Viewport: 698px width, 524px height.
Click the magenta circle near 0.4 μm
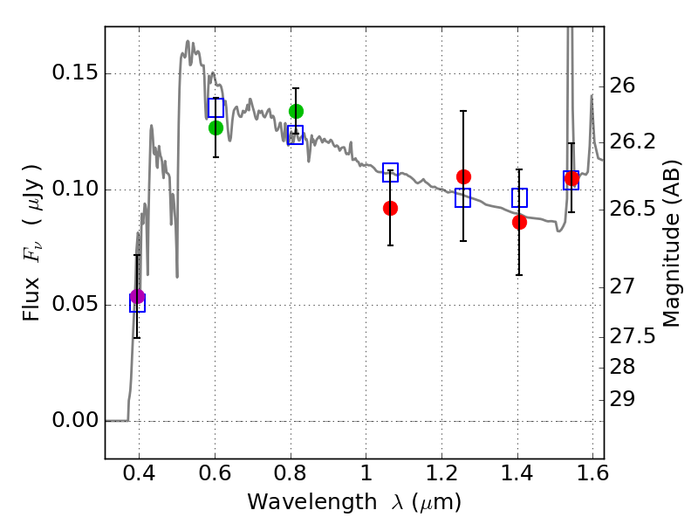coord(137,297)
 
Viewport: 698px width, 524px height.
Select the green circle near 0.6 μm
coord(216,128)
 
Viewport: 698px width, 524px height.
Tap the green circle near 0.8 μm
coord(296,111)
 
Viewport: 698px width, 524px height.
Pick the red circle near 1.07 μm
coord(390,208)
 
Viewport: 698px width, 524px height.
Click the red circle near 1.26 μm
coord(463,176)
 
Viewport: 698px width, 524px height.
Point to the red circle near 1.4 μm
coord(519,222)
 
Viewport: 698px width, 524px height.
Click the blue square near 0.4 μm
coord(137,304)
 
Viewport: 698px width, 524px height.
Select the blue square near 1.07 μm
coord(390,172)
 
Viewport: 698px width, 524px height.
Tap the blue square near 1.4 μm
coord(519,197)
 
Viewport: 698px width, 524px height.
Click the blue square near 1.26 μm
coord(462,197)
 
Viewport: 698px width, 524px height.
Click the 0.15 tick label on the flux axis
coord(76,74)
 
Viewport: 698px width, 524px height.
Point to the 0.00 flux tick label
coord(76,421)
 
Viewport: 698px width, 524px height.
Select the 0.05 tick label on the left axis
coord(76,306)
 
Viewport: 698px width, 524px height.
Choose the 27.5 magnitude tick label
coord(634,337)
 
